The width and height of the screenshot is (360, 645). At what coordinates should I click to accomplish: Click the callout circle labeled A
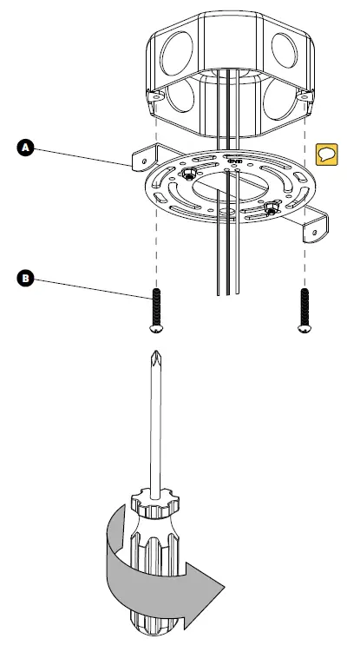[x=26, y=148]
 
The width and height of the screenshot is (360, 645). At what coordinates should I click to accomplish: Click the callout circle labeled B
[x=26, y=279]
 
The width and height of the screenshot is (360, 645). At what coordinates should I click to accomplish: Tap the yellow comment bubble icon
[x=327, y=155]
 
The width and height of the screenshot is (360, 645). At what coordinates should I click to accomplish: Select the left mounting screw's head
[x=157, y=329]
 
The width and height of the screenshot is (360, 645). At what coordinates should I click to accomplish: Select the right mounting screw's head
[x=304, y=328]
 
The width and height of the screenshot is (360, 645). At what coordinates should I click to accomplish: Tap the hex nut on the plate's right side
[x=271, y=208]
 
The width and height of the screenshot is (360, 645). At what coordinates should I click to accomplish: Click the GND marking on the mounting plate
[x=233, y=161]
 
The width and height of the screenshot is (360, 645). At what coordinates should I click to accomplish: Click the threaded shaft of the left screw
[x=157, y=304]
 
